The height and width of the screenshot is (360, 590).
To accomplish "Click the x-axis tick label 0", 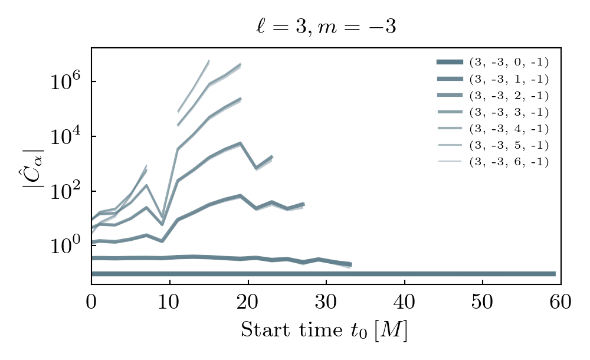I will point(91,303).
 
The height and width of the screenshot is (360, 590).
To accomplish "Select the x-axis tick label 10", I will point(170,303).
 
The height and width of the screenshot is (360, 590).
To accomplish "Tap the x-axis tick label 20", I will point(248,303).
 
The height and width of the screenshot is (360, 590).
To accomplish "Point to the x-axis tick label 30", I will point(326,303).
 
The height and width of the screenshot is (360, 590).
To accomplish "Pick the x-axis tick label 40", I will point(404,303).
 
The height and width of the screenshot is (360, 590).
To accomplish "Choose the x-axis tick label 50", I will point(483,303).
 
